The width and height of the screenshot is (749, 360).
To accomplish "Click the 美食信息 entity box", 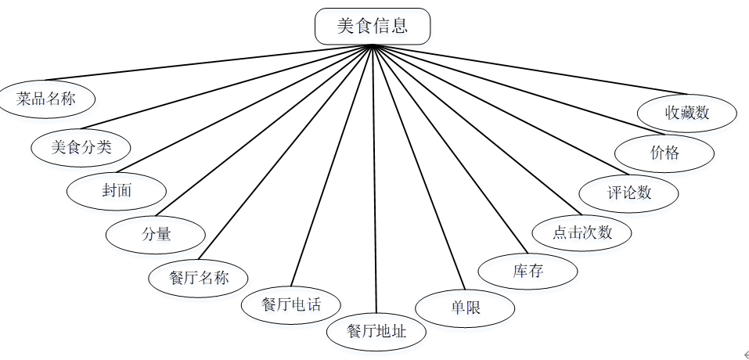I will tap(373, 26).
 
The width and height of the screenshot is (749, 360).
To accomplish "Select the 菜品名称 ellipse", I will tap(46, 99).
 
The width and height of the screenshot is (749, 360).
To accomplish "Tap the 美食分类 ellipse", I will tap(81, 146).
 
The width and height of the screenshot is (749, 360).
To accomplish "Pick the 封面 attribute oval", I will tap(117, 190).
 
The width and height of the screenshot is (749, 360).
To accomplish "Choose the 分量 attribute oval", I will tap(156, 233).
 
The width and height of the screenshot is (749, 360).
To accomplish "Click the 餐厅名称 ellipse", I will tap(199, 278).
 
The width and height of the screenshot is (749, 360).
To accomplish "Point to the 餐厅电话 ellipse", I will tap(291, 304).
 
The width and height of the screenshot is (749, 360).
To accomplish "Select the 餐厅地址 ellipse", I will tap(376, 331).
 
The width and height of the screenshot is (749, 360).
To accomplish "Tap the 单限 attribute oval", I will tap(465, 308).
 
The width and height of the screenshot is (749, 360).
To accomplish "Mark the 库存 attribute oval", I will tap(528, 272).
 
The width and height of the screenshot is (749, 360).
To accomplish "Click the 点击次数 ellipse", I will tap(582, 232).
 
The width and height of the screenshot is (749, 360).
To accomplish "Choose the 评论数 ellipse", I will tap(629, 192).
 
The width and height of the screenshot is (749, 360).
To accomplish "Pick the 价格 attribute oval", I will tap(664, 153).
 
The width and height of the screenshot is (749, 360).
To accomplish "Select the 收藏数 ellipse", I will tap(687, 112).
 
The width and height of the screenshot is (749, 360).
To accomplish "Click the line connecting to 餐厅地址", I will tap(374, 180).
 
